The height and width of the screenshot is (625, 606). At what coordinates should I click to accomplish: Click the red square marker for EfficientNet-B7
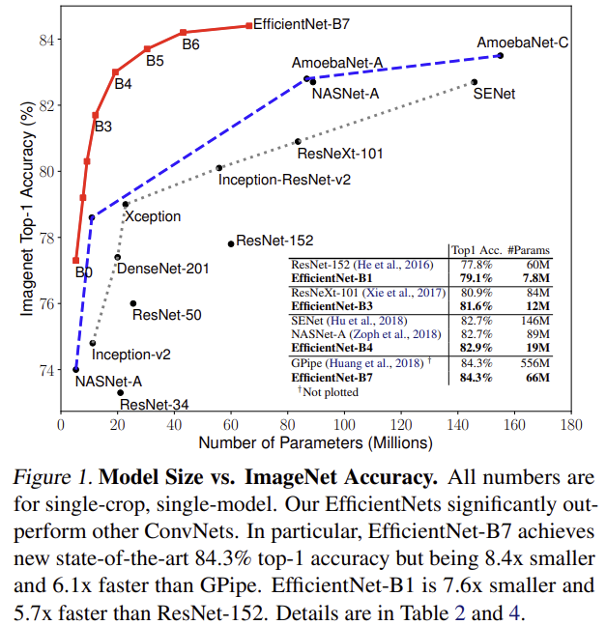[248, 25]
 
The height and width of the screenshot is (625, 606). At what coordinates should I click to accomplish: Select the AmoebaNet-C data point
[501, 55]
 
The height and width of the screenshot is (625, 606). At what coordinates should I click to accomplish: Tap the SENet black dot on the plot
[474, 82]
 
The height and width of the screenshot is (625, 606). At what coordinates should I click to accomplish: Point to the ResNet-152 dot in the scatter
[231, 244]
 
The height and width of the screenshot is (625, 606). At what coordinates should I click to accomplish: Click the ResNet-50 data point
[133, 303]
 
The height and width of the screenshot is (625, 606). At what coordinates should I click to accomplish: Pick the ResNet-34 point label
[155, 405]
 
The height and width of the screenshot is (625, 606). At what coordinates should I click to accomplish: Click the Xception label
[153, 216]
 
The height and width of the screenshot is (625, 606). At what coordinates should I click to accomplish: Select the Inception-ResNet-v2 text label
[284, 180]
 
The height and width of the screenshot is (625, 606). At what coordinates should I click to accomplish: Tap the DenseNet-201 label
[163, 269]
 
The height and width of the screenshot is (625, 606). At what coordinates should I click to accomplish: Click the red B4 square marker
[115, 72]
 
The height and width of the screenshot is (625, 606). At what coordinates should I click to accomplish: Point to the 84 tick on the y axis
[46, 40]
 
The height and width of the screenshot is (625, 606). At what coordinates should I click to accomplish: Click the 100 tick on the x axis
[344, 425]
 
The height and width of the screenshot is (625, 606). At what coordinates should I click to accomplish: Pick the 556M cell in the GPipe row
[534, 363]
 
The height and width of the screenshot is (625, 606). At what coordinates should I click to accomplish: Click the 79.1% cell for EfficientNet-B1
[476, 278]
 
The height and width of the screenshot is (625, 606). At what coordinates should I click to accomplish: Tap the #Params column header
[529, 250]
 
